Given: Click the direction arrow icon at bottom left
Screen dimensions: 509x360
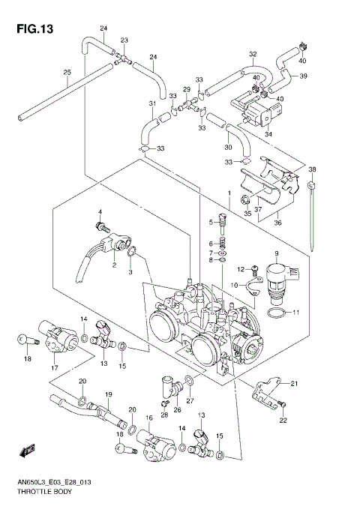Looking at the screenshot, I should (28, 450).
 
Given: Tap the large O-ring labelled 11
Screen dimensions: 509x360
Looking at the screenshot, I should (276, 312).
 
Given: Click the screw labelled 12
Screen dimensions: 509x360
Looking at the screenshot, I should (255, 268).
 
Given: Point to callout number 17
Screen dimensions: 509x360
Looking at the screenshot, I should (53, 367).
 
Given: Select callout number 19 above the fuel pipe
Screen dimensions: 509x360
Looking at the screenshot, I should (108, 394).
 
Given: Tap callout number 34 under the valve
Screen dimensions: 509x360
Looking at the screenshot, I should (269, 135).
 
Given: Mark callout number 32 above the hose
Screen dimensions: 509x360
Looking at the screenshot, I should (253, 54).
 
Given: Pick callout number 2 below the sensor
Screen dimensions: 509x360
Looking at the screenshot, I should (114, 265).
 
